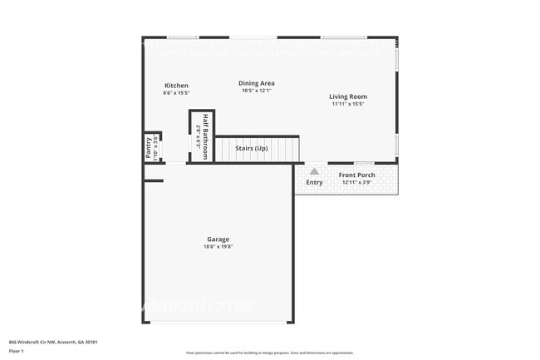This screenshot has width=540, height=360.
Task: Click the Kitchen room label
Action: point(176,86)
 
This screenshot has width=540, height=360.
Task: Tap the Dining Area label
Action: point(256,83)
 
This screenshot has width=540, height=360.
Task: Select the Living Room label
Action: point(348,96)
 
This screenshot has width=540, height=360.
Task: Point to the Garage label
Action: point(218,239)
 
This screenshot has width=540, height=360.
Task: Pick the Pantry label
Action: point(149,149)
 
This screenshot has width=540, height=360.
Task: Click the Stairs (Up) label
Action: point(251,147)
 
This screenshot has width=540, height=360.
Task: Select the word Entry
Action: point(314,182)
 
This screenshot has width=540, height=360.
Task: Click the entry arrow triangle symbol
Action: point(314,171)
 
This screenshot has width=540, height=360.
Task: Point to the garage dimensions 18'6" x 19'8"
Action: point(218,247)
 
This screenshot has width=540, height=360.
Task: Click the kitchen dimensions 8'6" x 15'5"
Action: point(176,93)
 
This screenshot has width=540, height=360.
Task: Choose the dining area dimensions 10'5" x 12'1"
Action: point(256,91)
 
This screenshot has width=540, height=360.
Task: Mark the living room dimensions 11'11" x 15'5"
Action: point(348,104)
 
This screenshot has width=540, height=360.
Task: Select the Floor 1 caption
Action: point(17,352)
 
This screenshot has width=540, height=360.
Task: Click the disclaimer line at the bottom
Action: point(269,353)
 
